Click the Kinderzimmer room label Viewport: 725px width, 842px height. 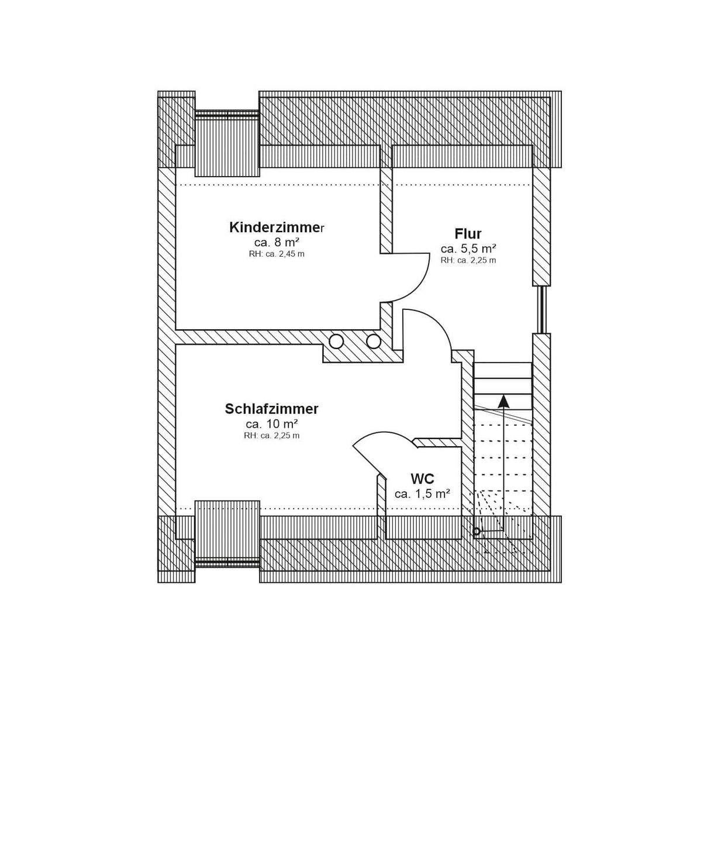pyautogui.click(x=277, y=227)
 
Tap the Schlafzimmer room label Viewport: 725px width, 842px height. pyautogui.click(x=271, y=409)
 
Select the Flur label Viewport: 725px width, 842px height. pyautogui.click(x=468, y=234)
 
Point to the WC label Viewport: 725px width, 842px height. pyautogui.click(x=422, y=479)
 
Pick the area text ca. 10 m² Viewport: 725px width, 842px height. pyautogui.click(x=272, y=424)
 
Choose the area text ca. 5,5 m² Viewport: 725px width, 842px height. pyautogui.click(x=468, y=249)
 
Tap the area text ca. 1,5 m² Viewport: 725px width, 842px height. pyautogui.click(x=422, y=494)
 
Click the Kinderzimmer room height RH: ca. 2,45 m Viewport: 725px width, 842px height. pyautogui.click(x=277, y=254)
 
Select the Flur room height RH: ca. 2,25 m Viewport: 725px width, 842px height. pyautogui.click(x=468, y=260)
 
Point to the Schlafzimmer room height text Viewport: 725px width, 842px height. pyautogui.click(x=272, y=436)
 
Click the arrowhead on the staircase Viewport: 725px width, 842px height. pyautogui.click(x=503, y=401)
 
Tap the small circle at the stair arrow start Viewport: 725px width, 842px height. pyautogui.click(x=477, y=532)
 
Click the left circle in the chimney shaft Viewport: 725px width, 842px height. pyautogui.click(x=337, y=341)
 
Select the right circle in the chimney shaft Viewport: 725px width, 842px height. pyautogui.click(x=374, y=341)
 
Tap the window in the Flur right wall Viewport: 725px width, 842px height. pyautogui.click(x=541, y=309)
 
